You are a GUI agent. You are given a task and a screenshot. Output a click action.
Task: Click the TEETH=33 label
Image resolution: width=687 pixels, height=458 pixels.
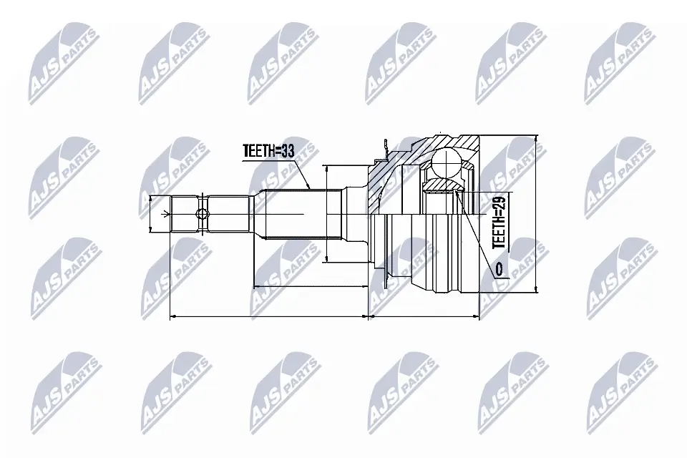pos(268,151)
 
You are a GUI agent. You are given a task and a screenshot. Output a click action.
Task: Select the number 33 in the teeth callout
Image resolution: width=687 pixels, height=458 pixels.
pos(288,151)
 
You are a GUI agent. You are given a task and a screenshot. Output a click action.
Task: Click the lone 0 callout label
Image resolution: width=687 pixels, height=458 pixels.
pos(498,269)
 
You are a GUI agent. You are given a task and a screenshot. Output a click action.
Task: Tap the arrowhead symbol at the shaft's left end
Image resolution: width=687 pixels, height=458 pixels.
pos(166,213)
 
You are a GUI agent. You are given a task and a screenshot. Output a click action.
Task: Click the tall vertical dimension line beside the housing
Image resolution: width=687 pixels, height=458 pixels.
pos(535,215)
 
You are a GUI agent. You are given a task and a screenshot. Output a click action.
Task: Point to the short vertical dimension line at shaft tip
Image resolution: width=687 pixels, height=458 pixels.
pos(150,213)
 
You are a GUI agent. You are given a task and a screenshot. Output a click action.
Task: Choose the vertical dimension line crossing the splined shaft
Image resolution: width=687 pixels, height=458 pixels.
pos(326,215)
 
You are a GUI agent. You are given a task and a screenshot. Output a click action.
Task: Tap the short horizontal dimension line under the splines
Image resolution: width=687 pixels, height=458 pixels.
pos(311,287)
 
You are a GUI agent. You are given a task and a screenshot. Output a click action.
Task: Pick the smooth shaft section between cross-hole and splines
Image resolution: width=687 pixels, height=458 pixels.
pos(229,213)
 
